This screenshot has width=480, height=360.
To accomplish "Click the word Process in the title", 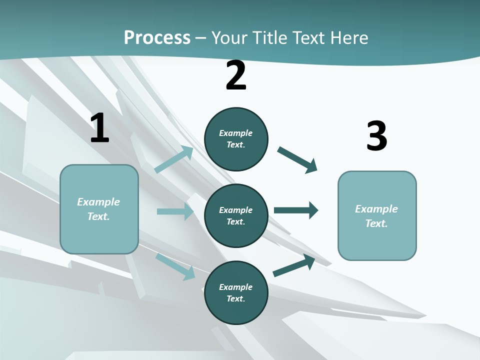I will pos(157,37).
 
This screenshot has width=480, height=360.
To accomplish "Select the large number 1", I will pos(99,128).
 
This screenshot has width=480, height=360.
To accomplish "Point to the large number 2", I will pos(236,75).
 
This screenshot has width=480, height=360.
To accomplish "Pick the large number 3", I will pos(376,136).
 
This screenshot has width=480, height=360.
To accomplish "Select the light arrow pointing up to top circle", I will pos(173,159).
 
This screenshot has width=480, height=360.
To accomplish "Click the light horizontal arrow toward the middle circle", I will pos(175,211).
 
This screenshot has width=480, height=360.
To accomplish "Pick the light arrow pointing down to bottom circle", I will pos(175,266).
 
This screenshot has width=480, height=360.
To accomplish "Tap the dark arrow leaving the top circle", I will pos(297,160).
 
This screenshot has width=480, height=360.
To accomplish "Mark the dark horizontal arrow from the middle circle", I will pos(295,210).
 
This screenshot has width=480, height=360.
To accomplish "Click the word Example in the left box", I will pos(98,202).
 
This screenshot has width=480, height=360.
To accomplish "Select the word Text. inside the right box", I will pos(376,223).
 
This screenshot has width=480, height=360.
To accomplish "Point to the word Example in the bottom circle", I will pos(235,287).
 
